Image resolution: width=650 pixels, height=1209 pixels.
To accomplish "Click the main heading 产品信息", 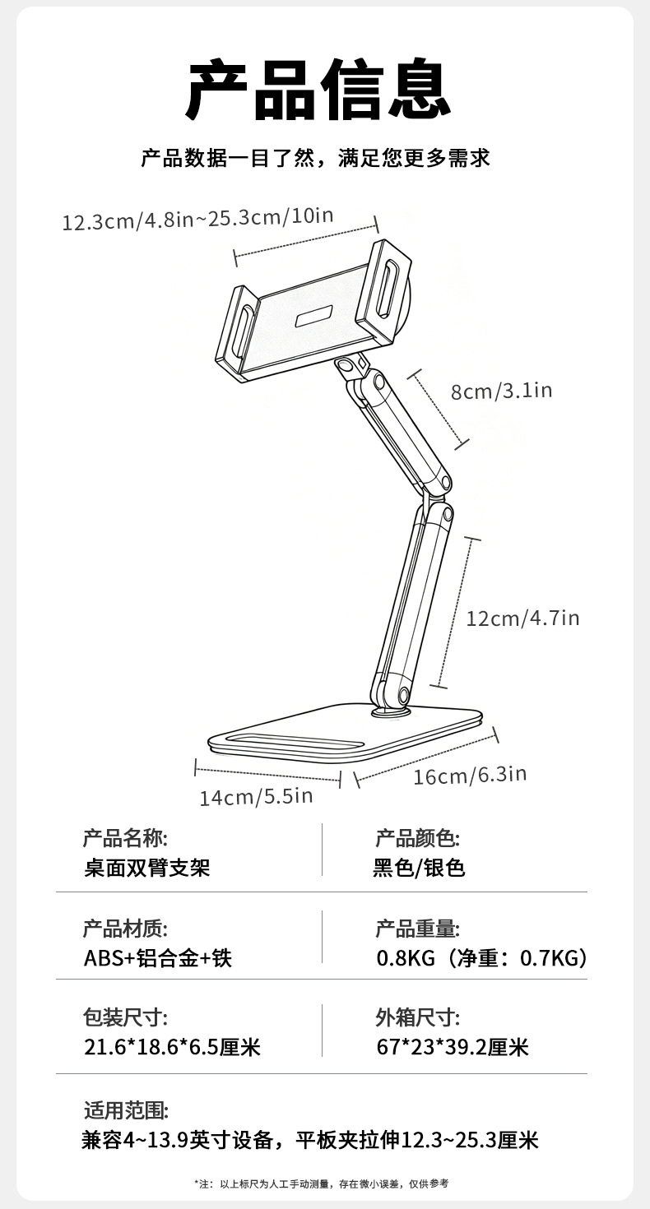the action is pos(319,89).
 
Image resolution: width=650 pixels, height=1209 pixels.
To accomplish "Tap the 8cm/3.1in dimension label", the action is pos(501,391).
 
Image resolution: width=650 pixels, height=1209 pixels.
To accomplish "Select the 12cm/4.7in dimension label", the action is pos(522,618).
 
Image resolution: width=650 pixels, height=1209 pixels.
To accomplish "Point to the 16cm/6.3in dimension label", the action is pos(469,775).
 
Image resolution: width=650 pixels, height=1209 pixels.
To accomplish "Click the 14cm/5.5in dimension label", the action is pos(256,796).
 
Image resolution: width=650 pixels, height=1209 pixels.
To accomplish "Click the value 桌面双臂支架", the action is pos(147,867).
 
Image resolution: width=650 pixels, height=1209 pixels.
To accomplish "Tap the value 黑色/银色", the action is pos(419,867).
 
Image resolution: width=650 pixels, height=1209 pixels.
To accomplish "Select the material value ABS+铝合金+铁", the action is pos(158,957).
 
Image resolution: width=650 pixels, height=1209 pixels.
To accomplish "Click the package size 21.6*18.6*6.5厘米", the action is pos(172,1047).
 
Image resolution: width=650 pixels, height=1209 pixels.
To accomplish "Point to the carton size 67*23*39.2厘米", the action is pos(452,1047).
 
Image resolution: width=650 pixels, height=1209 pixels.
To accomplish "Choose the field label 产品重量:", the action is pos(417,929).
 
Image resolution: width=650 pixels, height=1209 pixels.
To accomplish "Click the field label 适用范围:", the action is pos(125,1110).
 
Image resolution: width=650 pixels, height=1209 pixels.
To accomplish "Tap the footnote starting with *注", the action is pos(322,1183).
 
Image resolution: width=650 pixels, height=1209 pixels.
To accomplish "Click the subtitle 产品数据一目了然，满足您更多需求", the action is pos(315,158).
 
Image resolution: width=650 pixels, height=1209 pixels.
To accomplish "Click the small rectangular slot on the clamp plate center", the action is pos(313,316).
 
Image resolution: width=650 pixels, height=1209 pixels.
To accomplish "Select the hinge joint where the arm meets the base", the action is pos(391,695).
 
